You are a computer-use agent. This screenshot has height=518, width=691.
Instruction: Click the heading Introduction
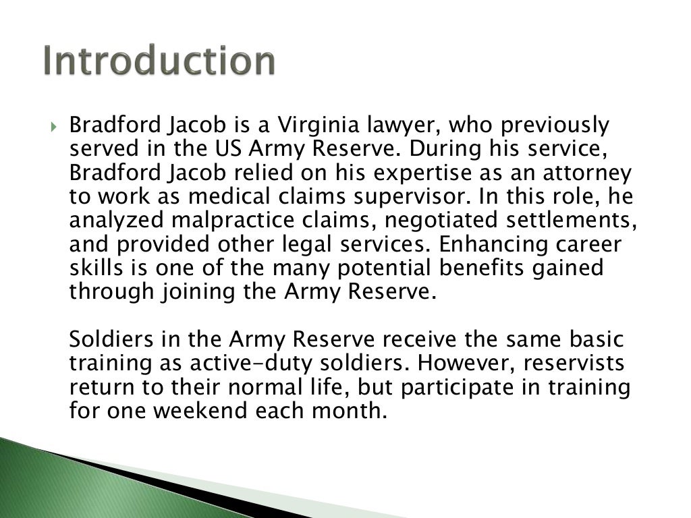click(160, 61)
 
